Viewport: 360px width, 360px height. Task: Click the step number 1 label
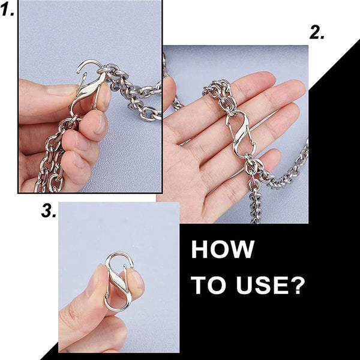pos(7,10)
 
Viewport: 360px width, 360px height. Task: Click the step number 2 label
pos(317,32)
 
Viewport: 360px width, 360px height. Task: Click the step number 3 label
pos(49,211)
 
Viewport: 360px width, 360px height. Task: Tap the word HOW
pos(223,249)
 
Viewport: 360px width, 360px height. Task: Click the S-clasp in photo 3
pos(119,281)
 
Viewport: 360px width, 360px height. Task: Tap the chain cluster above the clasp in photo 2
pos(218,94)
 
